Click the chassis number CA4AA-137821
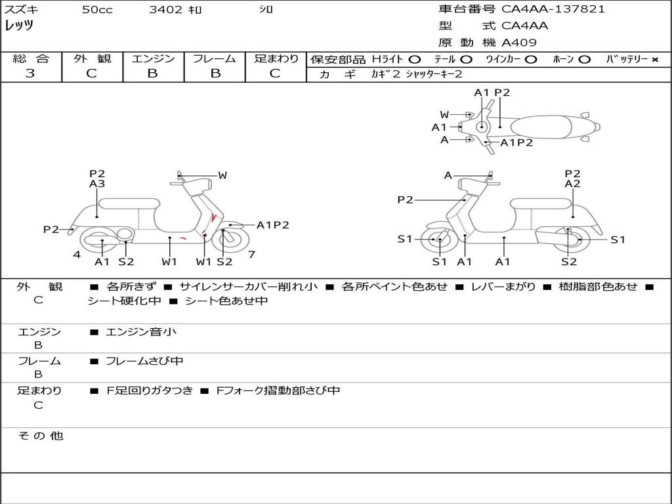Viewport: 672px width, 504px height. tap(553, 9)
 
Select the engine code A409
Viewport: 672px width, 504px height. tap(519, 43)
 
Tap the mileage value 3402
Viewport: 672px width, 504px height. tap(167, 10)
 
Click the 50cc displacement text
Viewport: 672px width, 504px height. tap(97, 10)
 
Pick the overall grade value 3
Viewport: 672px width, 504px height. tap(30, 73)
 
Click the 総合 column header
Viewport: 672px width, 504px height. tap(31, 59)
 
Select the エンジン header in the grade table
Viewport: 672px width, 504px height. tap(153, 59)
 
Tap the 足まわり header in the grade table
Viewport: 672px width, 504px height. tap(276, 59)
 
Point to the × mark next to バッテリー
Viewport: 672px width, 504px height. tap(654, 60)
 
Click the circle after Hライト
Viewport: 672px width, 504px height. tap(415, 60)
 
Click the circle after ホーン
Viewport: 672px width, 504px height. tap(584, 60)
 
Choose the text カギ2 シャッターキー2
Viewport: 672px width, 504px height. tap(417, 74)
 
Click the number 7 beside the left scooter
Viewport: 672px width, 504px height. tap(251, 255)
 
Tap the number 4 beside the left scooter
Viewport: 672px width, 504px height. tap(77, 255)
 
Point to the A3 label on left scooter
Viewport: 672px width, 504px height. tap(97, 184)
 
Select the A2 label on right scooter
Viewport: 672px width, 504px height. tap(573, 184)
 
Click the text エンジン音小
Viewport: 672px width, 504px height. tap(141, 332)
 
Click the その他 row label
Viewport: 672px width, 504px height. tap(41, 436)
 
